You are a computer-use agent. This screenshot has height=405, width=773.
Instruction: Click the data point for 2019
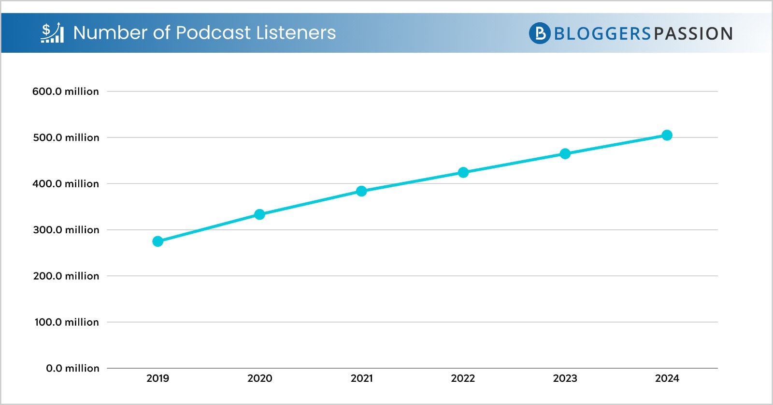pos(157,241)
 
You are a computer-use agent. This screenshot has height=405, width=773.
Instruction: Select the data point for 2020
pos(259,214)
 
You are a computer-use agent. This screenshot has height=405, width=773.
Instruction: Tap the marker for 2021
pos(361,191)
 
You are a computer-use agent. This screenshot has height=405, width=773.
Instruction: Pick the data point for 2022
pos(463,172)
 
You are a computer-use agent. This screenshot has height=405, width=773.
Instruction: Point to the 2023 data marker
pos(565,154)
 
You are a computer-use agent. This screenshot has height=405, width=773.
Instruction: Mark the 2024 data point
pos(667,135)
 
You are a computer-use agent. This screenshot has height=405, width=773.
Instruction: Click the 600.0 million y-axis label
pos(65,91)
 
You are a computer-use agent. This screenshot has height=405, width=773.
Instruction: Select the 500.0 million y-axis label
pos(66,137)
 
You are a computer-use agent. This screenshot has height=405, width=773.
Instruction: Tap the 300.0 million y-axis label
pos(66,230)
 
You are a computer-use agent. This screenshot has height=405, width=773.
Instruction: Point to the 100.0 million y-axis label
pos(66,322)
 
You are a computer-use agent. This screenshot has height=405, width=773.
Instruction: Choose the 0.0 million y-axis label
pos(72,368)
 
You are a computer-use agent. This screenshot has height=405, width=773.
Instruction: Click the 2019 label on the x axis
pos(157,378)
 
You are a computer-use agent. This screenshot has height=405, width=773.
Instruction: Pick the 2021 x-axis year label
pos(361,378)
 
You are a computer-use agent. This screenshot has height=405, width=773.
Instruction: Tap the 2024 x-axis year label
pos(667,378)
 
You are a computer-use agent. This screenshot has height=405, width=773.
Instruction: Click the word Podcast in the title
pos(213,33)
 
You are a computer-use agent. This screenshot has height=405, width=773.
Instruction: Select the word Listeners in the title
pos(296,33)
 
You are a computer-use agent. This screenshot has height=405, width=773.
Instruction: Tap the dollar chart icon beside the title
pos(52,32)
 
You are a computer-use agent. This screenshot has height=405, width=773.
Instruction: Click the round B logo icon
pos(540,33)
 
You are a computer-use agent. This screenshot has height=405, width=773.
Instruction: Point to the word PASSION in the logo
pos(693,34)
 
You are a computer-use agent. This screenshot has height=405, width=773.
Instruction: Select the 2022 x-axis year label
pos(463,378)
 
